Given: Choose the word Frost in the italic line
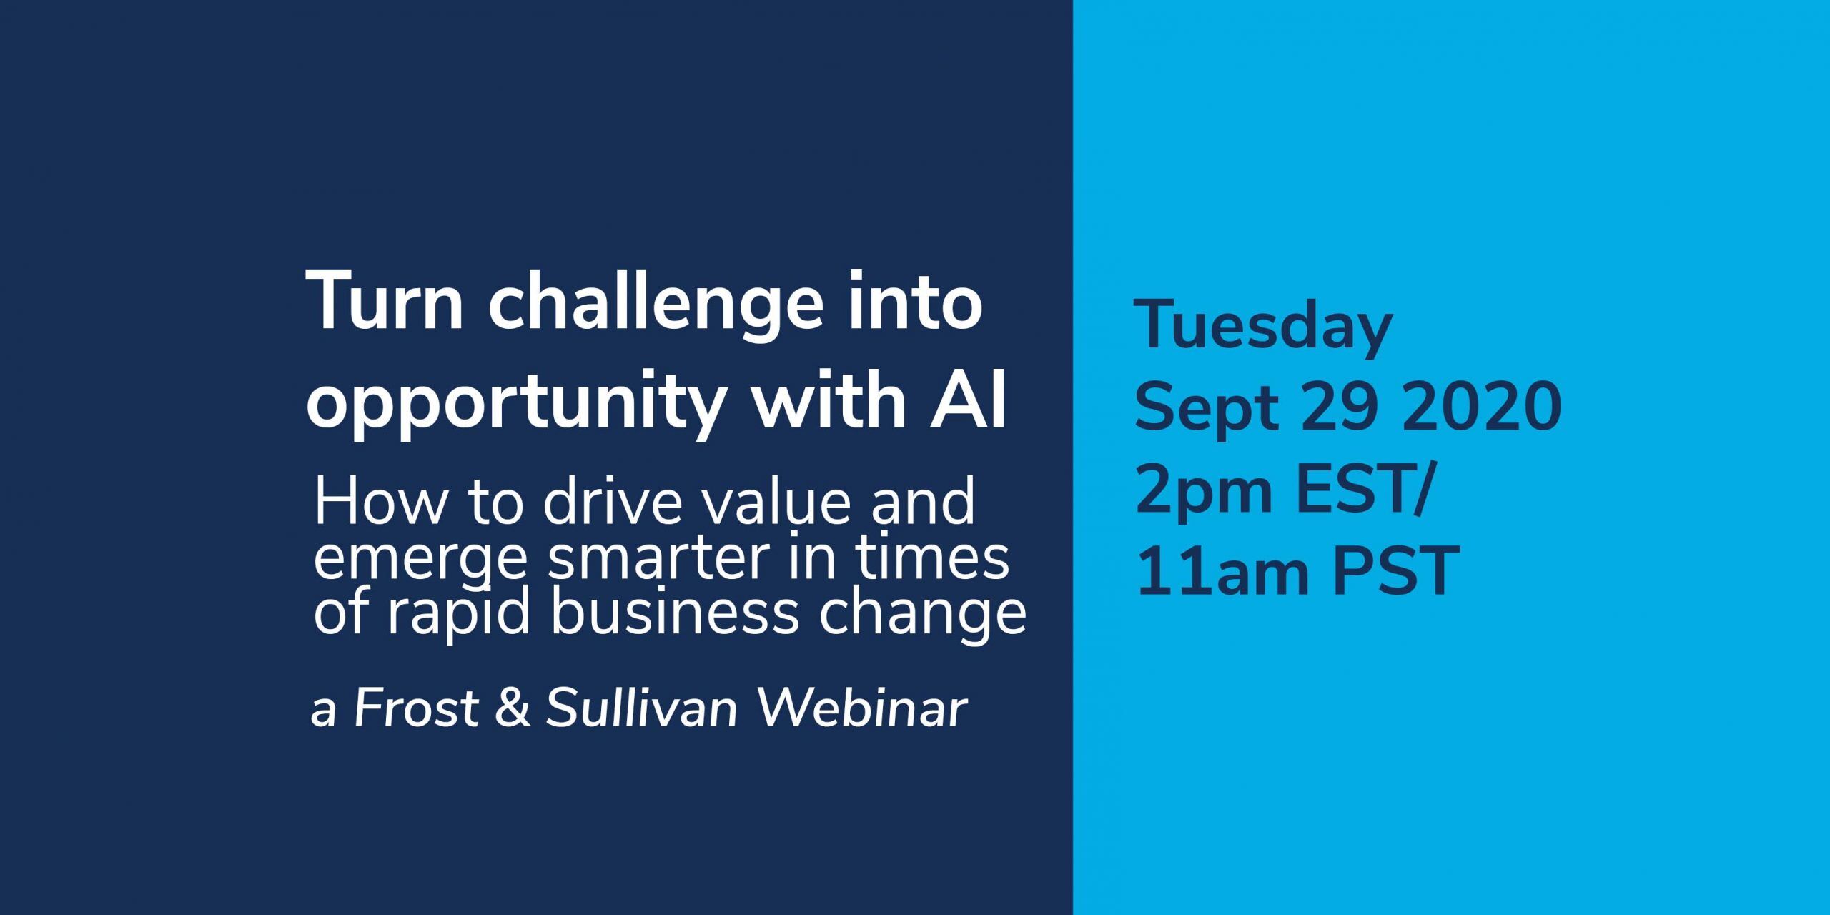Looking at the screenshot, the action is click(416, 709).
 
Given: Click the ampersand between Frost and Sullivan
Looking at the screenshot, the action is click(513, 709).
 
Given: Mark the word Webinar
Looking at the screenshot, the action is click(862, 709).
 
